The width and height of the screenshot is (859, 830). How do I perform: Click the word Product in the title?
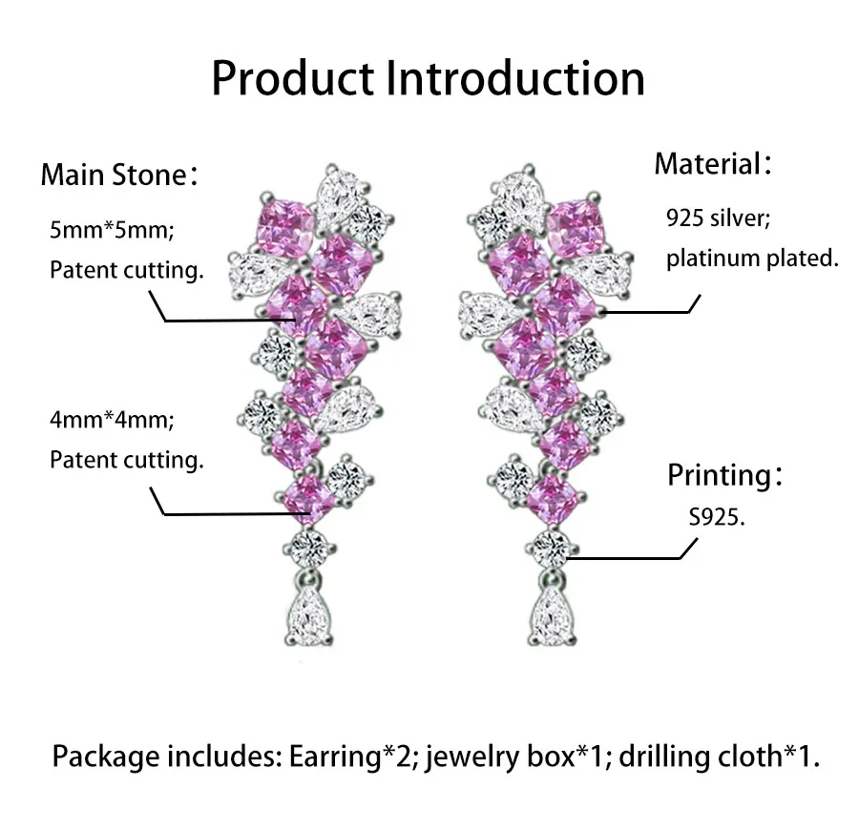click(x=292, y=77)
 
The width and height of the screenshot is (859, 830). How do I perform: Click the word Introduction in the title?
click(x=515, y=77)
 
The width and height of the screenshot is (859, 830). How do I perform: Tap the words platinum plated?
click(x=752, y=259)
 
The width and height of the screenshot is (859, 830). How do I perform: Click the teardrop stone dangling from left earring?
click(x=309, y=615)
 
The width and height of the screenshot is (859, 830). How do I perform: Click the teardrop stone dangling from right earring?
click(x=554, y=615)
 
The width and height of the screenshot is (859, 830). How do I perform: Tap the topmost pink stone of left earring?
click(x=284, y=226)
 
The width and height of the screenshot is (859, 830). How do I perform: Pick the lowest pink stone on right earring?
click(x=554, y=497)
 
